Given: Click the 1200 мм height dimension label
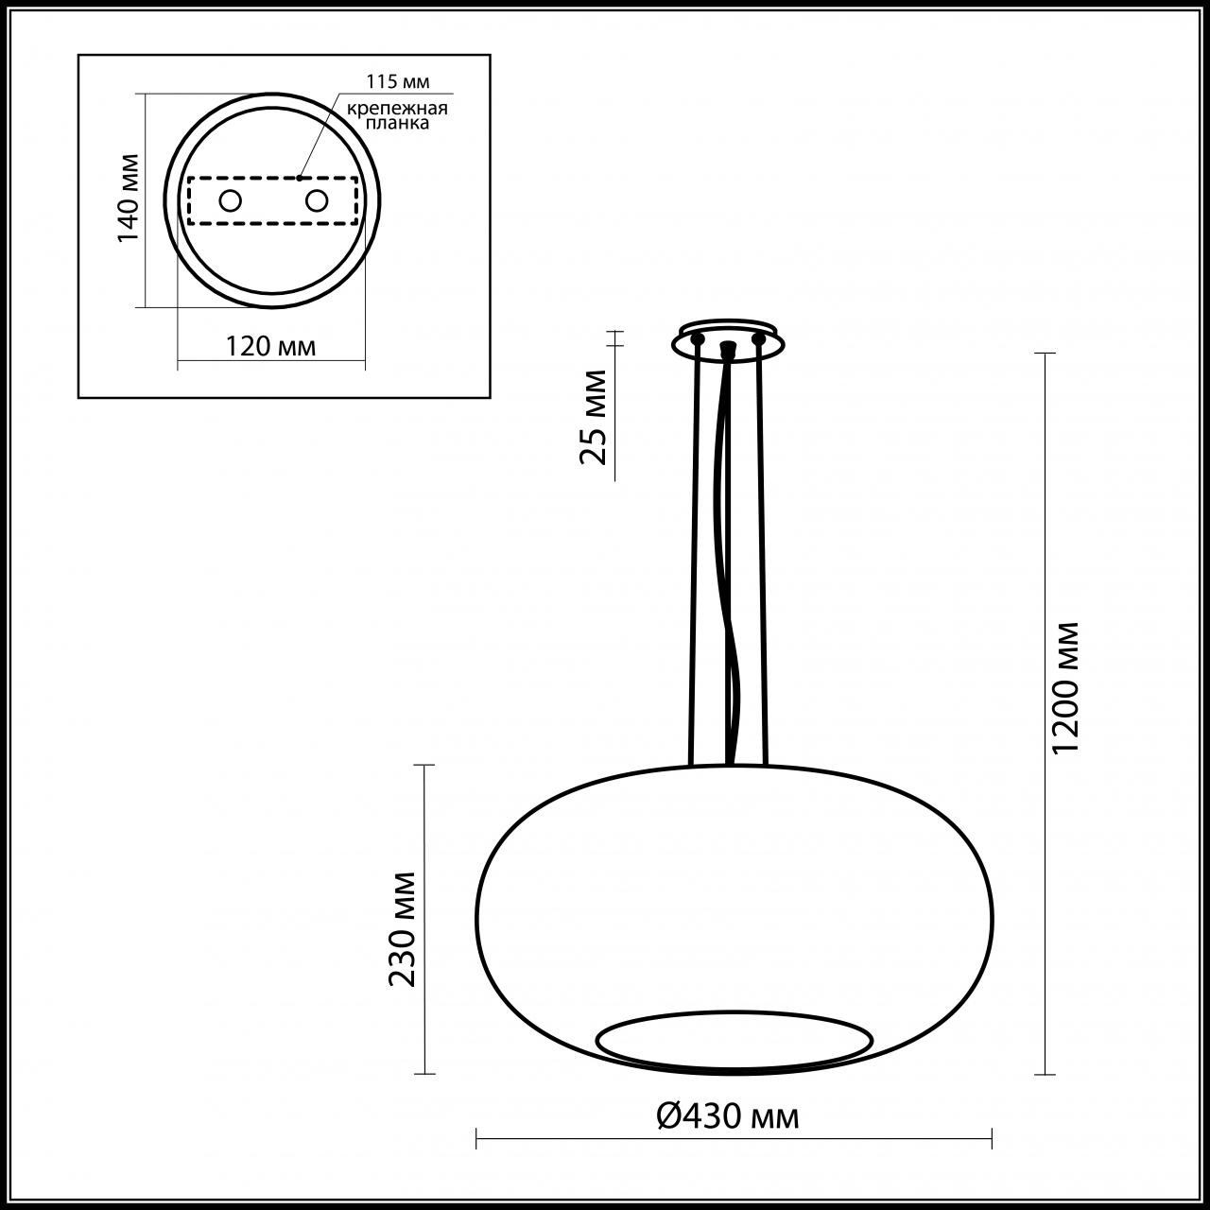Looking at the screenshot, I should click(x=1064, y=687).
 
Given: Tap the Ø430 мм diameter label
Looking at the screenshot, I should click(x=728, y=1116).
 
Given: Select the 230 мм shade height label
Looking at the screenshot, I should click(x=404, y=928).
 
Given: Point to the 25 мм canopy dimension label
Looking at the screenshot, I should click(x=593, y=417).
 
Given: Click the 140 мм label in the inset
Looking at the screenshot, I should click(x=129, y=197).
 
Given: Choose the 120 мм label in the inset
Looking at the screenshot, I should click(x=270, y=346).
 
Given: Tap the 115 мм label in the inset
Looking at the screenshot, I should click(x=395, y=82).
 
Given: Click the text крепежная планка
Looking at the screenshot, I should click(x=396, y=115).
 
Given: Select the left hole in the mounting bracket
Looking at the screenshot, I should click(x=230, y=200).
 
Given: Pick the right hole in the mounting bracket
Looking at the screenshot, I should click(x=317, y=200).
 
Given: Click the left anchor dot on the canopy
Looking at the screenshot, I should click(x=698, y=337).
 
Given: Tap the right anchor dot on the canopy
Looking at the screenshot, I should click(x=758, y=337).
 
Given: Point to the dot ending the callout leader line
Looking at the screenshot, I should click(x=300, y=177).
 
